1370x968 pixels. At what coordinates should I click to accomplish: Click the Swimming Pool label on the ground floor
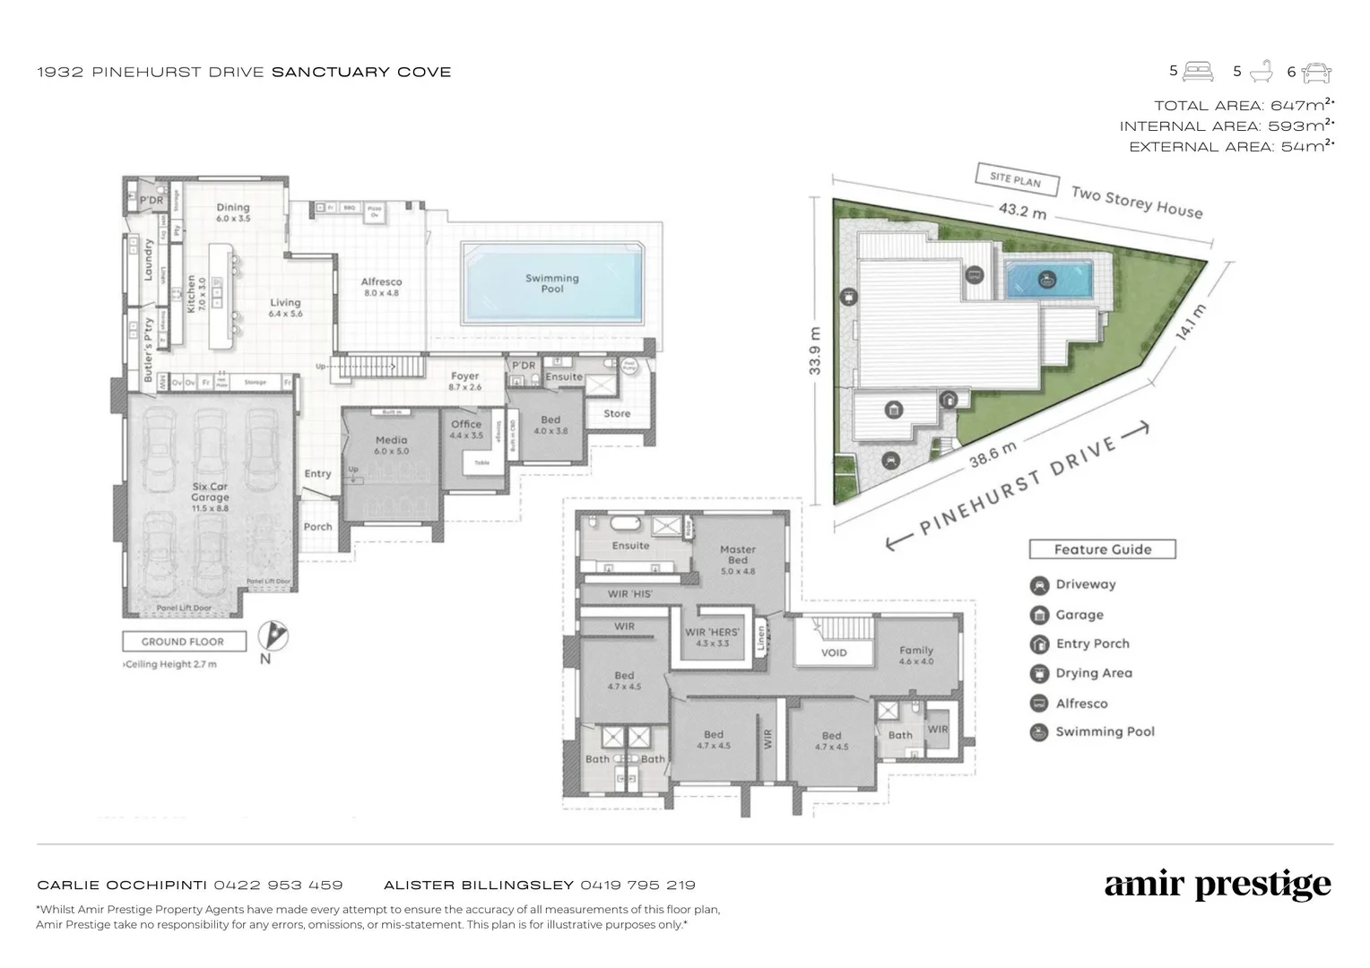(552, 283)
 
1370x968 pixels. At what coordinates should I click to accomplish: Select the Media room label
(392, 445)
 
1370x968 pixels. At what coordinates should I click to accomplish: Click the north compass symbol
(273, 636)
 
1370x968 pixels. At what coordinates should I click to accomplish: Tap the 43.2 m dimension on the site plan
(1022, 212)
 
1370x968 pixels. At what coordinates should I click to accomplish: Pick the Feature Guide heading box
(1102, 549)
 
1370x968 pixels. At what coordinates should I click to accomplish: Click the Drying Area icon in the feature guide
(1039, 673)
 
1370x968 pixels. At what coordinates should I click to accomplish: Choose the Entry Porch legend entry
(1092, 644)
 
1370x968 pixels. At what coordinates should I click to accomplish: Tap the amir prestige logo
(1218, 886)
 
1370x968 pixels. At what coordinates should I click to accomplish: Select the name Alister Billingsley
(479, 885)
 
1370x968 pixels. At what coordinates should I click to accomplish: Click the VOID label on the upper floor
(834, 653)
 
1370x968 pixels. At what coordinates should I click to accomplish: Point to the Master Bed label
(738, 555)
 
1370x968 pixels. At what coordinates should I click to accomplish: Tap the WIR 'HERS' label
(713, 637)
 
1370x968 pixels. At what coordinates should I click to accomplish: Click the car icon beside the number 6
(1316, 72)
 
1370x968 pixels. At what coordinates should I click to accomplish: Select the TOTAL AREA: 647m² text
(1244, 105)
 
